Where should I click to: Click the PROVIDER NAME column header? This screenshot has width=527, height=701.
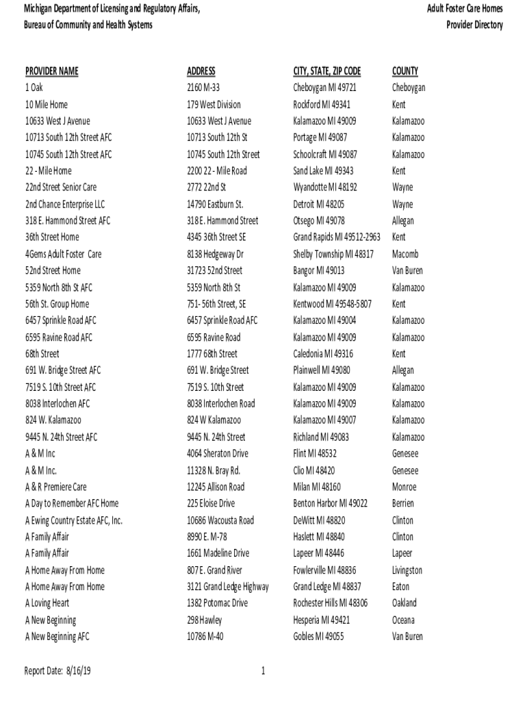point(51,71)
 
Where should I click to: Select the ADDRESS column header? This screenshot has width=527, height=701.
point(201,71)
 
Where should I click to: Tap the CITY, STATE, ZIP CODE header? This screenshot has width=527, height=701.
point(326,71)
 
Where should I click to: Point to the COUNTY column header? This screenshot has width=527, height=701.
point(405,71)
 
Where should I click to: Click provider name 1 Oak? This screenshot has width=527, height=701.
point(34,88)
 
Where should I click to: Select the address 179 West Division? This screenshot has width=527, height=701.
point(214,105)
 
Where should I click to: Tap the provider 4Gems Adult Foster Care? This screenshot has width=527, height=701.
point(63,254)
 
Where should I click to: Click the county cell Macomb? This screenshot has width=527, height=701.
point(405,254)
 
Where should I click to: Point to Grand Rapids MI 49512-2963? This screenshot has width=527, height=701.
point(336,238)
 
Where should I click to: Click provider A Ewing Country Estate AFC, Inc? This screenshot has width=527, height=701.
point(73,520)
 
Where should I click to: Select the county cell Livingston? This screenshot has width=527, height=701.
point(407,570)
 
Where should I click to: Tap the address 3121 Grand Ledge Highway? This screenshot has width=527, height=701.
point(227,587)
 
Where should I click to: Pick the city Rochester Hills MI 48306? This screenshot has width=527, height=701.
point(330,603)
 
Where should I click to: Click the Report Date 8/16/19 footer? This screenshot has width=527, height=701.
point(57,672)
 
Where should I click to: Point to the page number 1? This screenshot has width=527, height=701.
point(263,672)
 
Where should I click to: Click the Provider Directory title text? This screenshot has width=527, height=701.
point(474,25)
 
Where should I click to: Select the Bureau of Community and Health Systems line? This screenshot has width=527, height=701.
point(88,25)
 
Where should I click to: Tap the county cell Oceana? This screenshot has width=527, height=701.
point(404,620)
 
